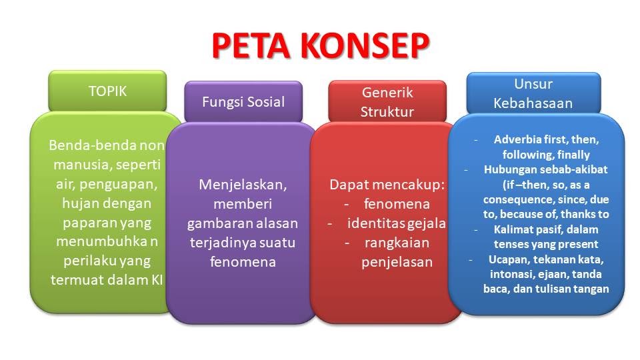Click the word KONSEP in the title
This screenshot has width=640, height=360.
coord(365,44)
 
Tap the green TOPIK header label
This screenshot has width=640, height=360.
coord(107,91)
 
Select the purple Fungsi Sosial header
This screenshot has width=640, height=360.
coord(243,102)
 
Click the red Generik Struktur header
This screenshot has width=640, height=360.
coord(387,102)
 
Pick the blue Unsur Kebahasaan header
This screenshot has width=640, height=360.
coord(533,93)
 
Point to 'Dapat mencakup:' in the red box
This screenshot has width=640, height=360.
coord(387,185)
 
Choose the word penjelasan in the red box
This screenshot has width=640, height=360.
coord(397,262)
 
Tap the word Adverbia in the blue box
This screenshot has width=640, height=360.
coord(516,140)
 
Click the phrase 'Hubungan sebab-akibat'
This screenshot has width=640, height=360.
coord(546,169)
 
